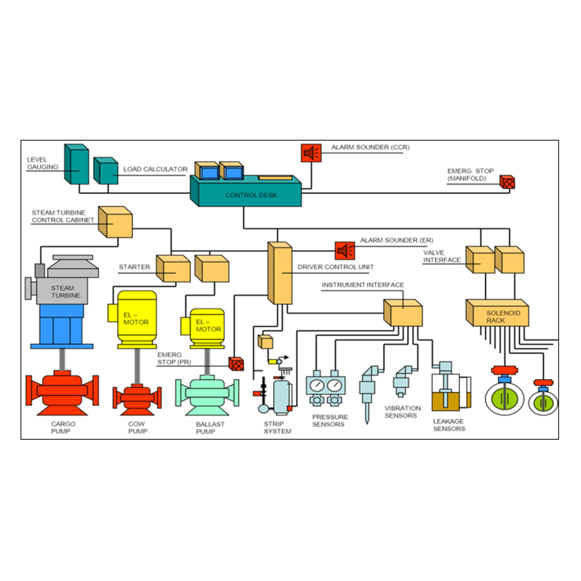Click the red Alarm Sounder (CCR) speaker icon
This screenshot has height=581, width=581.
311,153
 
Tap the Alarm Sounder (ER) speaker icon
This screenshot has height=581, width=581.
345,250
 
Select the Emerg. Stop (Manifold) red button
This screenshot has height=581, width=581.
507,182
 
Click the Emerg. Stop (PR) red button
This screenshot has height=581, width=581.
236,364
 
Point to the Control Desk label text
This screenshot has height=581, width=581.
251,195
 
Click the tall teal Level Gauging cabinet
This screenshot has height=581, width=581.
76,164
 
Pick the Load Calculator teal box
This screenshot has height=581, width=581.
106,171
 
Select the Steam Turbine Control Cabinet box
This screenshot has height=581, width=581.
116,222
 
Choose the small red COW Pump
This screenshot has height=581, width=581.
137,396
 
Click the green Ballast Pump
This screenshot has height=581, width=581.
207,394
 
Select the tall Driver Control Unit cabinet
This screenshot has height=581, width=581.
280,273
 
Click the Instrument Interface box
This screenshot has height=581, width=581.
403,313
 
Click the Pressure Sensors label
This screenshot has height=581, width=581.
329,420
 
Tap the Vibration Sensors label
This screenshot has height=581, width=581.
403,412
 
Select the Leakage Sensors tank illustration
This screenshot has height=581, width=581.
449,391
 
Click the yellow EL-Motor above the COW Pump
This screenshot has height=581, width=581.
136,318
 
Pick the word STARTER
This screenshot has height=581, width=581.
135,267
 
